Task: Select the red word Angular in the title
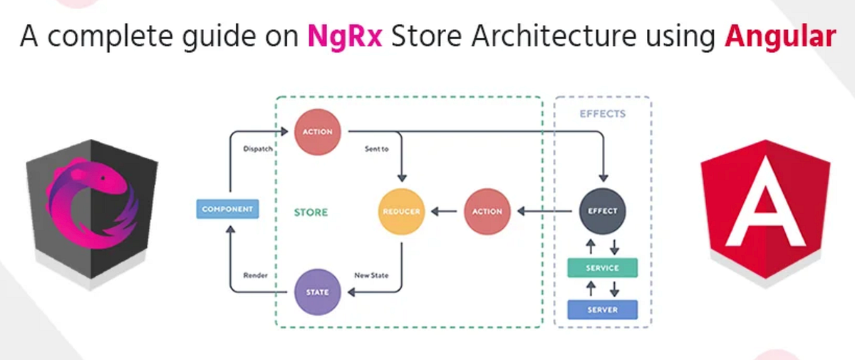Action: [x=779, y=36]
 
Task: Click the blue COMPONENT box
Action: [x=227, y=209]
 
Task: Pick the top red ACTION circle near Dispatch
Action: [x=318, y=132]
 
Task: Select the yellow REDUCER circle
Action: [x=401, y=212]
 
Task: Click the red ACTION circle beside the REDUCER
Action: [x=487, y=212]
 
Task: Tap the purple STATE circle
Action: [x=318, y=292]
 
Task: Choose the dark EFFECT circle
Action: [x=602, y=212]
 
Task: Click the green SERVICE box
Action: [x=602, y=268]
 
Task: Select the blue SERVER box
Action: [x=602, y=310]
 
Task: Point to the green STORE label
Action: [x=311, y=212]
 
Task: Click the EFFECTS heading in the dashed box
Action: [x=601, y=113]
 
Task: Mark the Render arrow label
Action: [x=255, y=275]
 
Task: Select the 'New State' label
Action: [x=371, y=275]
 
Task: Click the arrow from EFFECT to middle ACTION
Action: [x=546, y=212]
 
